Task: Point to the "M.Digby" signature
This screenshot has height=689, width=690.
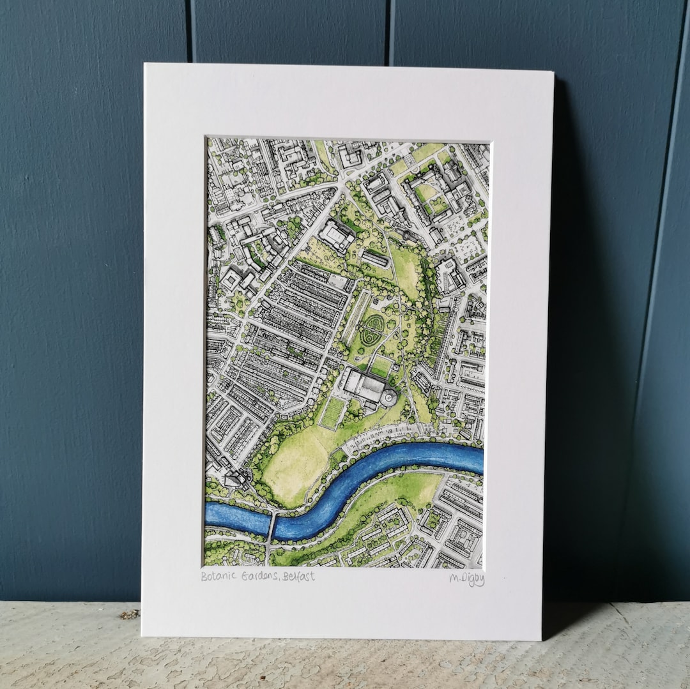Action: [x=466, y=579]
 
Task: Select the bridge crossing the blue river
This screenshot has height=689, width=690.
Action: [x=272, y=527]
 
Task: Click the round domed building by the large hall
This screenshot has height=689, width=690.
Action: [x=388, y=397]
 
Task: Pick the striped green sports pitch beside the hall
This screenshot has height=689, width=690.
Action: [x=332, y=413]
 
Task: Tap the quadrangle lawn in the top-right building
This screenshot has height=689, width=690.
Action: [x=425, y=192]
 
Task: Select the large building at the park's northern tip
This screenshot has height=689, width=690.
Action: [x=337, y=235]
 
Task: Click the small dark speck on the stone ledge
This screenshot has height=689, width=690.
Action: [x=130, y=614]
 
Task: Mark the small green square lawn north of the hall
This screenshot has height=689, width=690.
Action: [x=381, y=366]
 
